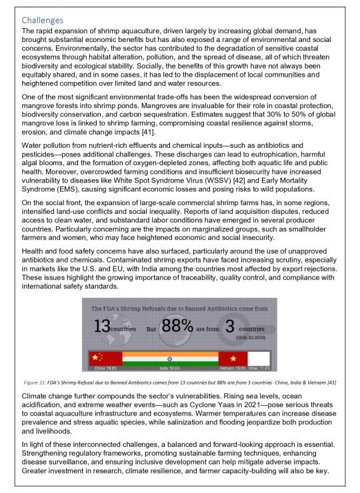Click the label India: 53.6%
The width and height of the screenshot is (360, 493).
pos(170,368)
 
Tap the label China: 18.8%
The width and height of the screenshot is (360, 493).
pos(105,368)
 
